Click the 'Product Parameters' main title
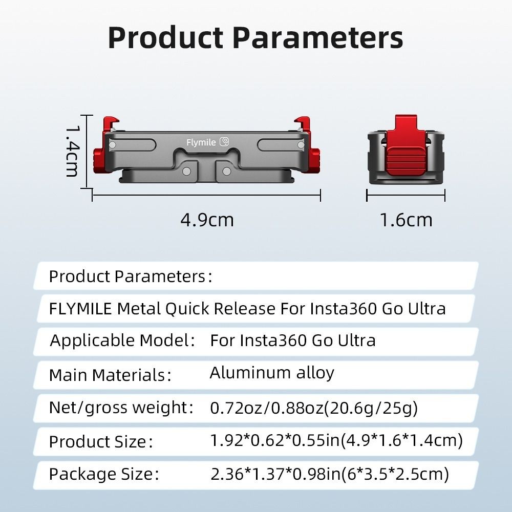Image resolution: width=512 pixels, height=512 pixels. pos(255,38)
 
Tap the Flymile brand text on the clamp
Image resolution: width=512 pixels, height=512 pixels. pos(201,142)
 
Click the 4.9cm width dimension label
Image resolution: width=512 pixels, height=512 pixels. pos(207,220)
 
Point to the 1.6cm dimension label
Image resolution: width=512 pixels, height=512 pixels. pos(406,220)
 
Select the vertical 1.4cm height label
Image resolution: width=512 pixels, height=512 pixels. pos(73,152)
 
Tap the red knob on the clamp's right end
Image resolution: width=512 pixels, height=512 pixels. pos(315,160)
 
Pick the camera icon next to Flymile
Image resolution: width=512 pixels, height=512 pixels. pos(224,142)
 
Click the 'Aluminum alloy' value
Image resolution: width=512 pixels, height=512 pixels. pos(272,373)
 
